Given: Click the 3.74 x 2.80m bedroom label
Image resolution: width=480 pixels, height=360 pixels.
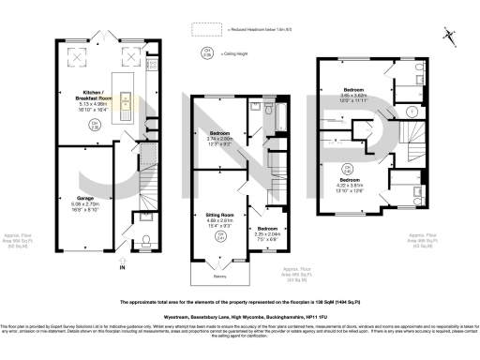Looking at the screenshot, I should click(x=218, y=138).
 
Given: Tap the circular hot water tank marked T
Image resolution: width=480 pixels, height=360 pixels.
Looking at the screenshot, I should click(x=412, y=112).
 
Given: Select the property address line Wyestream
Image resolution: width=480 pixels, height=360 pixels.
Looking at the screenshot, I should click(x=240, y=318).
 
